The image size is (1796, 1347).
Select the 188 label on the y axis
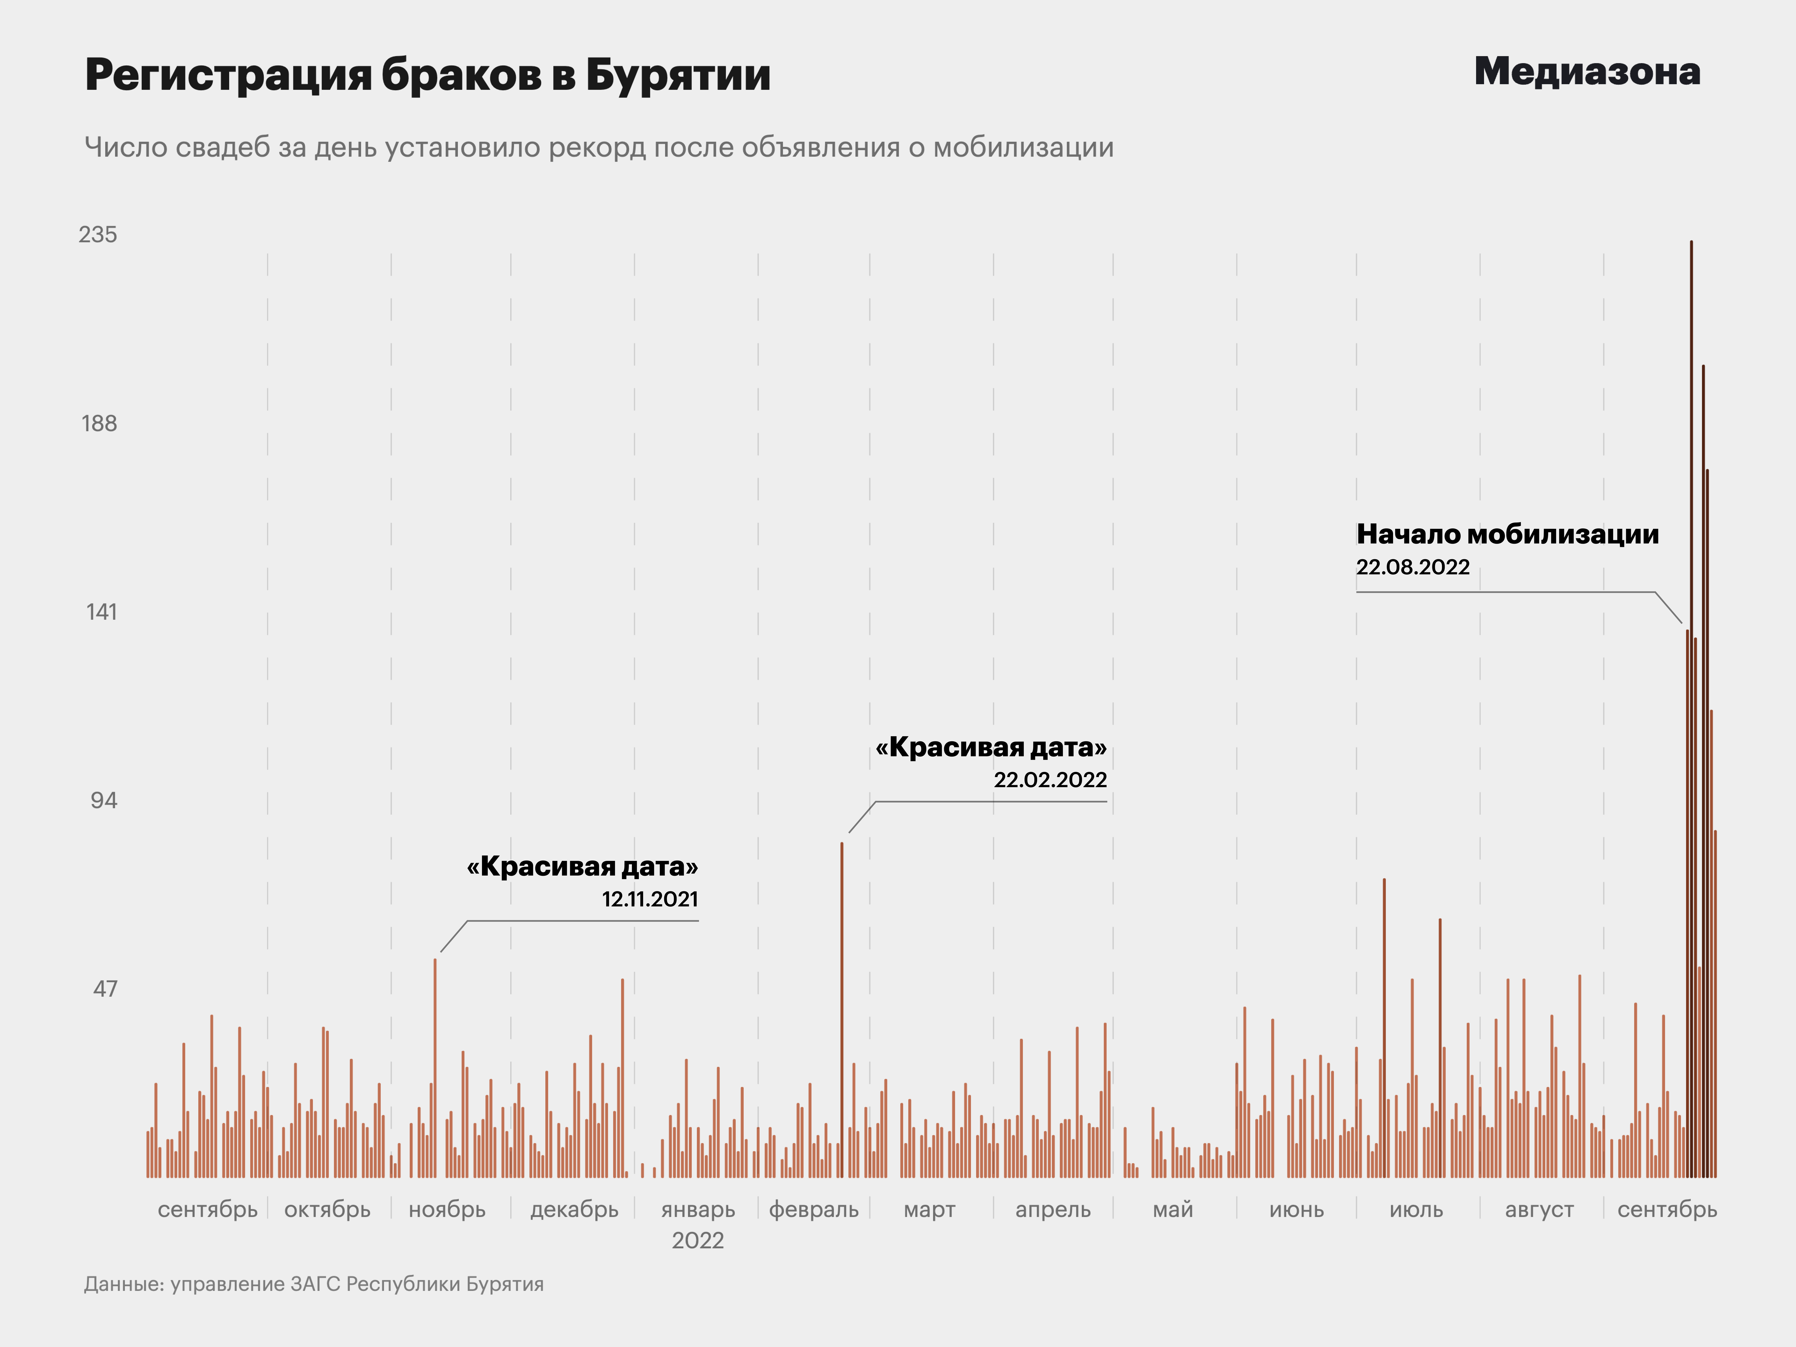coord(99,423)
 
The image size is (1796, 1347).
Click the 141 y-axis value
coord(101,611)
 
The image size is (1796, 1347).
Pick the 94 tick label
coord(103,800)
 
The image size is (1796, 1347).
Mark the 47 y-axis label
coord(105,989)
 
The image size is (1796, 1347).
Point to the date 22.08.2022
coord(1413,567)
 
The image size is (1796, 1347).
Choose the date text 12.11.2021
coord(650,899)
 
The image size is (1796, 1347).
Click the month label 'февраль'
coord(814,1210)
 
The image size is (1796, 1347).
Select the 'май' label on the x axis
coord(1173,1210)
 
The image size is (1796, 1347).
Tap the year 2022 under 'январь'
coord(697,1241)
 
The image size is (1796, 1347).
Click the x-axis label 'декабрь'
coord(574,1210)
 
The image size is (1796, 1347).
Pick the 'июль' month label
coord(1416,1210)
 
